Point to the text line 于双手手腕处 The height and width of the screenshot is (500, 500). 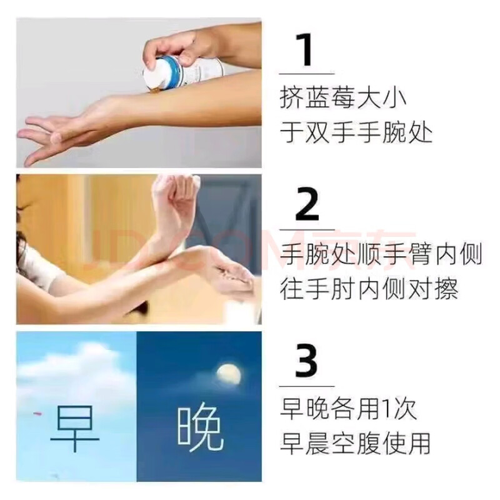click(x=356, y=134)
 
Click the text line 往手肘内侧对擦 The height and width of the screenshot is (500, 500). click(x=369, y=289)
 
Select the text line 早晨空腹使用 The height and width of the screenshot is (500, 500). click(x=355, y=443)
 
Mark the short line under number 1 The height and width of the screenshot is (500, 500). click(x=306, y=74)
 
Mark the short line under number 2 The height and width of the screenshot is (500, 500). click(x=306, y=229)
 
